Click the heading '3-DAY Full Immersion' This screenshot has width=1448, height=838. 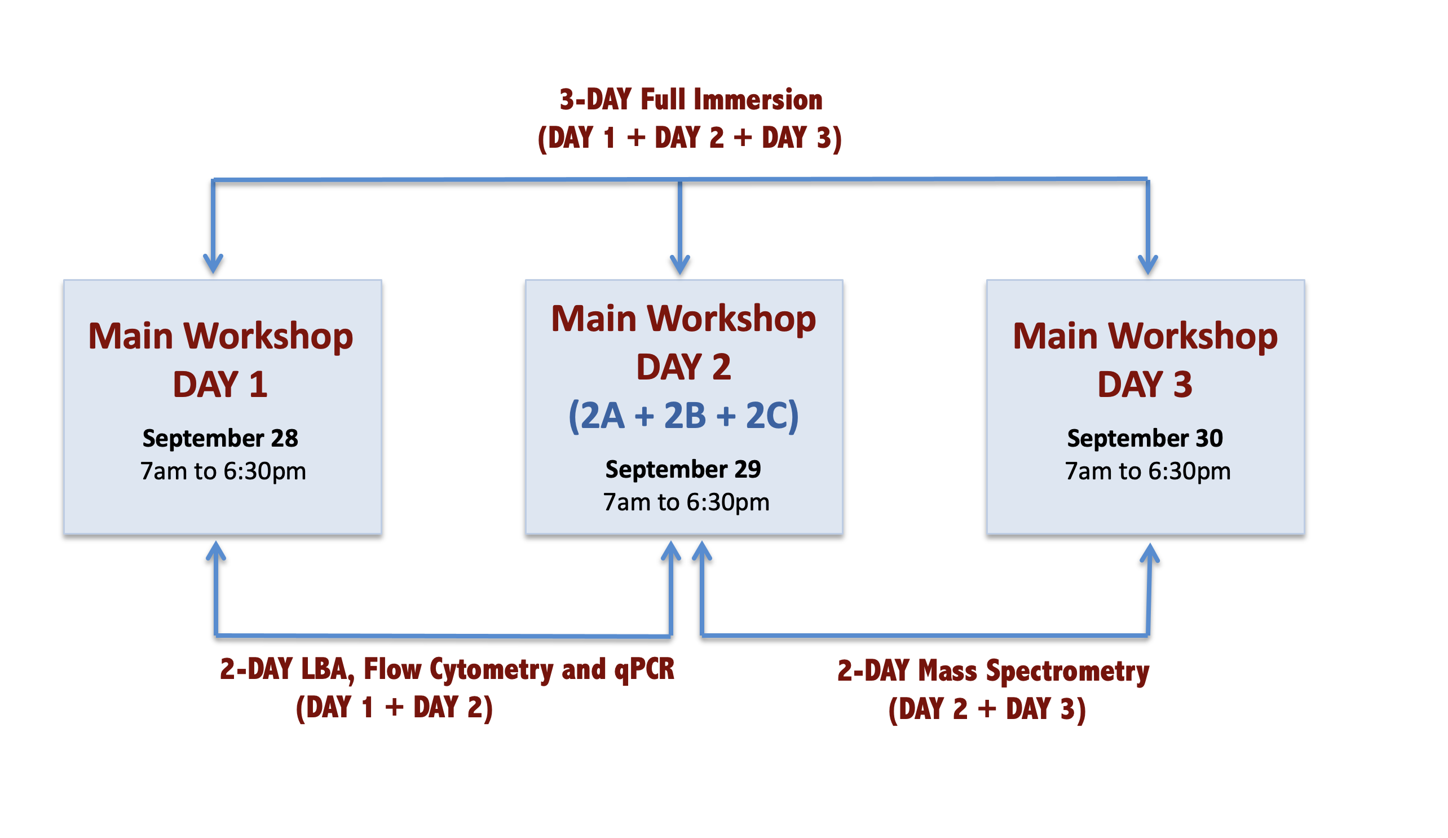pos(691,99)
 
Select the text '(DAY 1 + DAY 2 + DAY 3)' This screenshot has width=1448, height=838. pos(690,139)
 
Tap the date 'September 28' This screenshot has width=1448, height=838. pos(220,439)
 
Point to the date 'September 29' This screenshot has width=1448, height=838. pos(683,470)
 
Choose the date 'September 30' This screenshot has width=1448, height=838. pos(1145,439)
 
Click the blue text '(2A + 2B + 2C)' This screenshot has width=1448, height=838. pos(683,416)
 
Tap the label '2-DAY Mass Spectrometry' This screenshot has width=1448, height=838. pos(993,671)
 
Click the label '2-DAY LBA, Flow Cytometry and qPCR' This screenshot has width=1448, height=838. pos(447,669)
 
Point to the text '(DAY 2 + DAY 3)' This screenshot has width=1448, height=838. pos(987,710)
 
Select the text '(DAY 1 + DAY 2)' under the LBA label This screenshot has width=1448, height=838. pos(394,708)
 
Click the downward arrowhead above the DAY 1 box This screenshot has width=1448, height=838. pos(213,264)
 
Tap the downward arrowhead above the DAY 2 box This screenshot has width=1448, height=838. pos(680,264)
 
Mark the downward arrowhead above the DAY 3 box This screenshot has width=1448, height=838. pos(1147,264)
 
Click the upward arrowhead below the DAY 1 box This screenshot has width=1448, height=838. pos(216,551)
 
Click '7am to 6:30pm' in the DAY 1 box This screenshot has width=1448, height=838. pos(223,472)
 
